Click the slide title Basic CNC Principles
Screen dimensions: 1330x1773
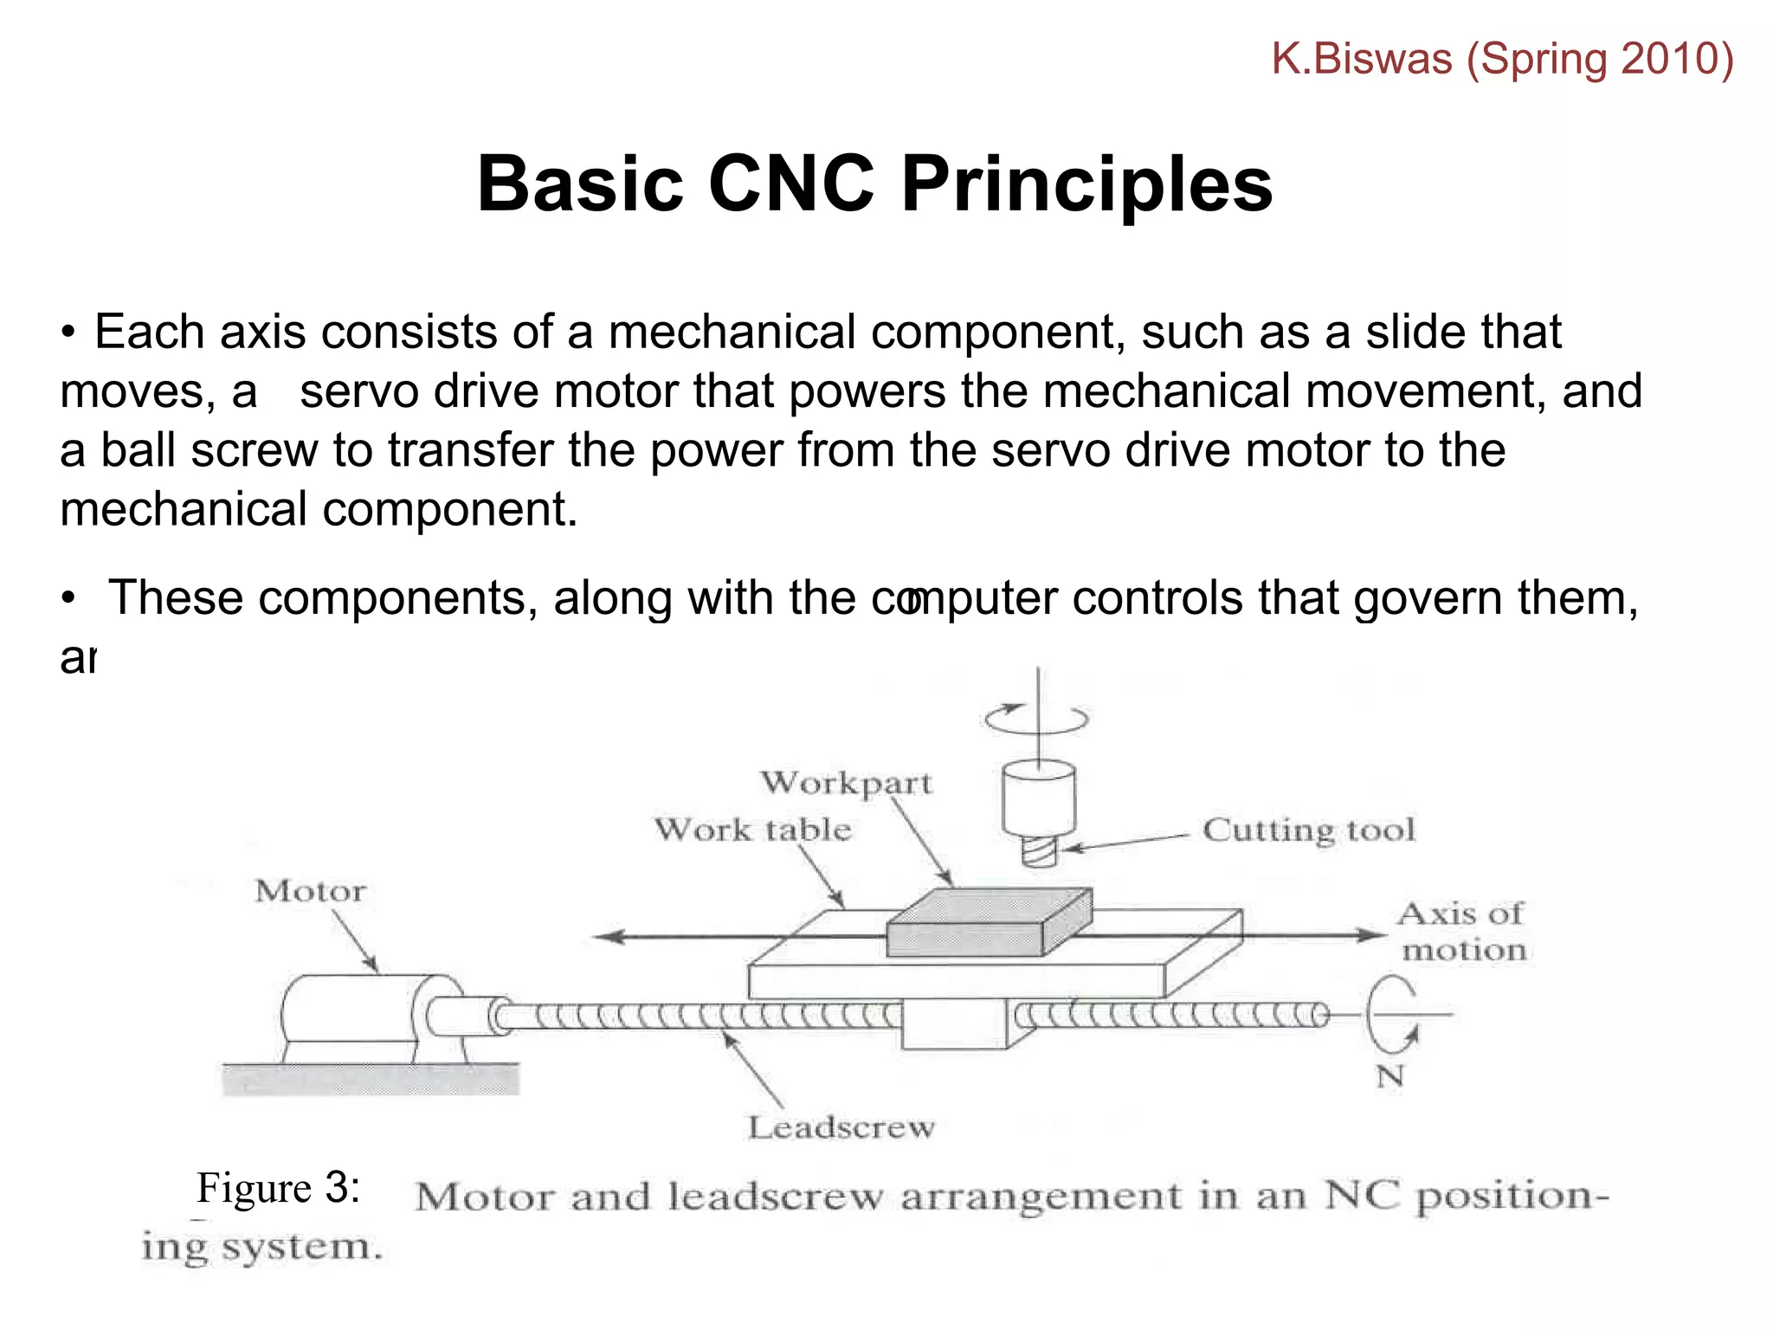[x=874, y=184]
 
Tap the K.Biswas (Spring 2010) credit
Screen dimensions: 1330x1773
[x=1502, y=59]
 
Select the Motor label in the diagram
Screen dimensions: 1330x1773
[x=310, y=891]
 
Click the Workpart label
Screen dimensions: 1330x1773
[x=846, y=783]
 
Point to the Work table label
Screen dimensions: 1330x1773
[x=752, y=830]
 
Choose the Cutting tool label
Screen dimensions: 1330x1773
[x=1308, y=830]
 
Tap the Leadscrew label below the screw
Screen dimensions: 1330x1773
[x=841, y=1127]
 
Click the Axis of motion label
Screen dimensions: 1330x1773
[x=1461, y=932]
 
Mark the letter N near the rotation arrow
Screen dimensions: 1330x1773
[x=1389, y=1076]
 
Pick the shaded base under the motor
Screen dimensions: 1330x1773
[x=371, y=1079]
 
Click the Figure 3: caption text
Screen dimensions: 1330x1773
[x=278, y=1188]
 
